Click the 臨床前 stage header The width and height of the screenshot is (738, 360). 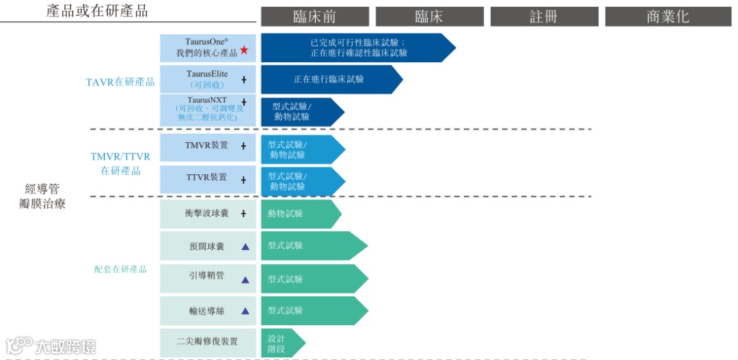coord(314,16)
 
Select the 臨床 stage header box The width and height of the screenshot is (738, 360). coord(429,16)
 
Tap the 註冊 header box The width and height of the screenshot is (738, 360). coord(544,16)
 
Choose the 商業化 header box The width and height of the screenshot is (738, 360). coord(668,16)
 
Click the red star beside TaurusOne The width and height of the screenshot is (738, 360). coord(244,51)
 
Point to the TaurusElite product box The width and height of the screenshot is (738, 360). coord(208,79)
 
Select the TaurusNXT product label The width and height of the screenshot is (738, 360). coord(208,109)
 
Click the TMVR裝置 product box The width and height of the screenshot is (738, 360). coord(208,146)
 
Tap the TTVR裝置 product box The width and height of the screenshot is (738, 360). coord(208,178)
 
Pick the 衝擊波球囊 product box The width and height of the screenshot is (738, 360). coord(208,214)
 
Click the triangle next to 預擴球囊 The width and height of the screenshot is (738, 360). coord(245,247)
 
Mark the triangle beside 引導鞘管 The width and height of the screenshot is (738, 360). coord(245,279)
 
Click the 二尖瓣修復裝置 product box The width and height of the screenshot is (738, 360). coord(208,342)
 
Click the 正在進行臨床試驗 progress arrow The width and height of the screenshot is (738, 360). coord(329,79)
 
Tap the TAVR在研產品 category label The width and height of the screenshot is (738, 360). coord(120,83)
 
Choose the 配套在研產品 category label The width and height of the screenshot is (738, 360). coord(120,269)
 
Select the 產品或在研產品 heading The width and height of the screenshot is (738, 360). coord(97,11)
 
